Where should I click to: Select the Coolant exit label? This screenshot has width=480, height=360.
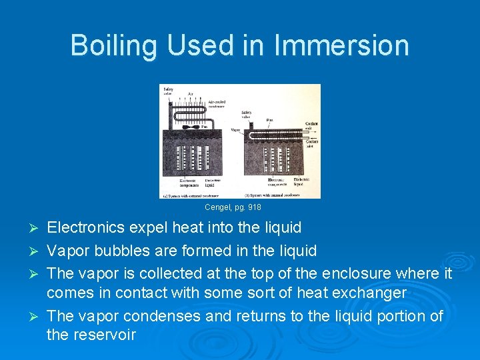311,126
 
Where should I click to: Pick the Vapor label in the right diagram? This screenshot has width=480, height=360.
235,130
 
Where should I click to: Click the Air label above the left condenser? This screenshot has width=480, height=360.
191,93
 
